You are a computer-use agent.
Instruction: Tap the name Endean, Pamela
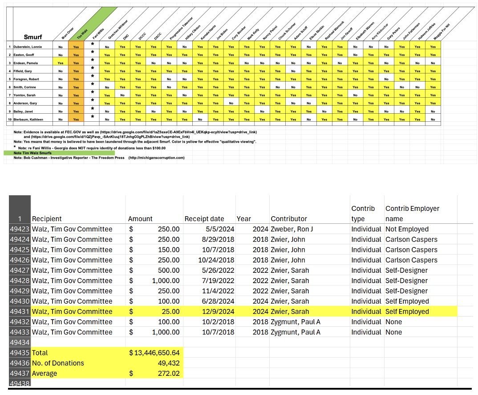coord(27,63)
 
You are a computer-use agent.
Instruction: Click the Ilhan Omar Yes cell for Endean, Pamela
coord(60,63)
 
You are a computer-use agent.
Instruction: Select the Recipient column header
coord(47,218)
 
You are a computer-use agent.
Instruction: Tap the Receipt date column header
coord(204,218)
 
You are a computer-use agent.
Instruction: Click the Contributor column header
coord(289,218)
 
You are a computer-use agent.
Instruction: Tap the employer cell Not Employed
coord(407,229)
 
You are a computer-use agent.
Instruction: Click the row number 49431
coord(19,312)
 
